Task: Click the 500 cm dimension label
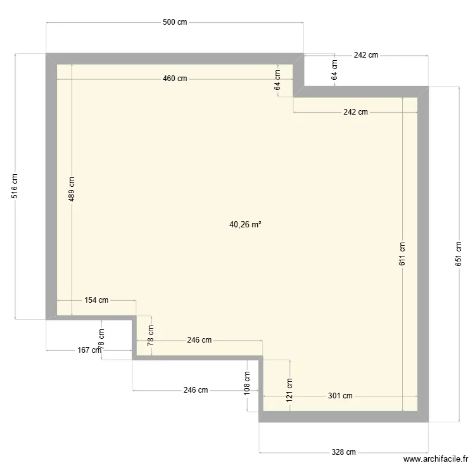(175, 22)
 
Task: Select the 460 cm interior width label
(175, 79)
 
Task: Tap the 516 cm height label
(14, 186)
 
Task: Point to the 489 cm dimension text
(71, 189)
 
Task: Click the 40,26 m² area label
(245, 224)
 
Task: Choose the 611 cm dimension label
(402, 254)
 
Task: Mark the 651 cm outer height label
(459, 254)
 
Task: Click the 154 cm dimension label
(96, 300)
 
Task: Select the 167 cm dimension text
(89, 350)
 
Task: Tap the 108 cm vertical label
(247, 383)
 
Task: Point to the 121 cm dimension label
(289, 390)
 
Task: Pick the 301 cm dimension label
(340, 396)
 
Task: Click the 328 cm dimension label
(343, 452)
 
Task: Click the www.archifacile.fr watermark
(436, 459)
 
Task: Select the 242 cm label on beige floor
(356, 112)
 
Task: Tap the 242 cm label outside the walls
(366, 55)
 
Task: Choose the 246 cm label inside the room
(199, 340)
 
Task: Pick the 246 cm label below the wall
(196, 390)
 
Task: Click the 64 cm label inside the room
(277, 80)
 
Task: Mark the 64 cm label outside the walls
(334, 70)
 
